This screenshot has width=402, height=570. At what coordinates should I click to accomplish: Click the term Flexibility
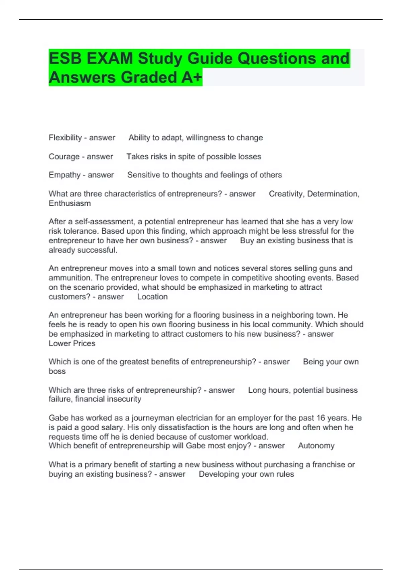tap(65, 138)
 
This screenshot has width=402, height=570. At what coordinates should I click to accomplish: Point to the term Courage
tap(64, 157)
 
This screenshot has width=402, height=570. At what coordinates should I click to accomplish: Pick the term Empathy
tap(64, 175)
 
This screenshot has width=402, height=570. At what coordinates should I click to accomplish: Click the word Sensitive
tap(143, 175)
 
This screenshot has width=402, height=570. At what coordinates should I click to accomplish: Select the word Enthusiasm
tap(70, 204)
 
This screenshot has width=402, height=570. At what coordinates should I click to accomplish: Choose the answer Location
tap(152, 297)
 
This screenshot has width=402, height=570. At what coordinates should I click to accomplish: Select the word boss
tap(57, 372)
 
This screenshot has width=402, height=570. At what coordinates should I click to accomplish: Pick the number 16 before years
tap(321, 418)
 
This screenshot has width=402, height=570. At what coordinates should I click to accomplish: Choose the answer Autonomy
tap(316, 446)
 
